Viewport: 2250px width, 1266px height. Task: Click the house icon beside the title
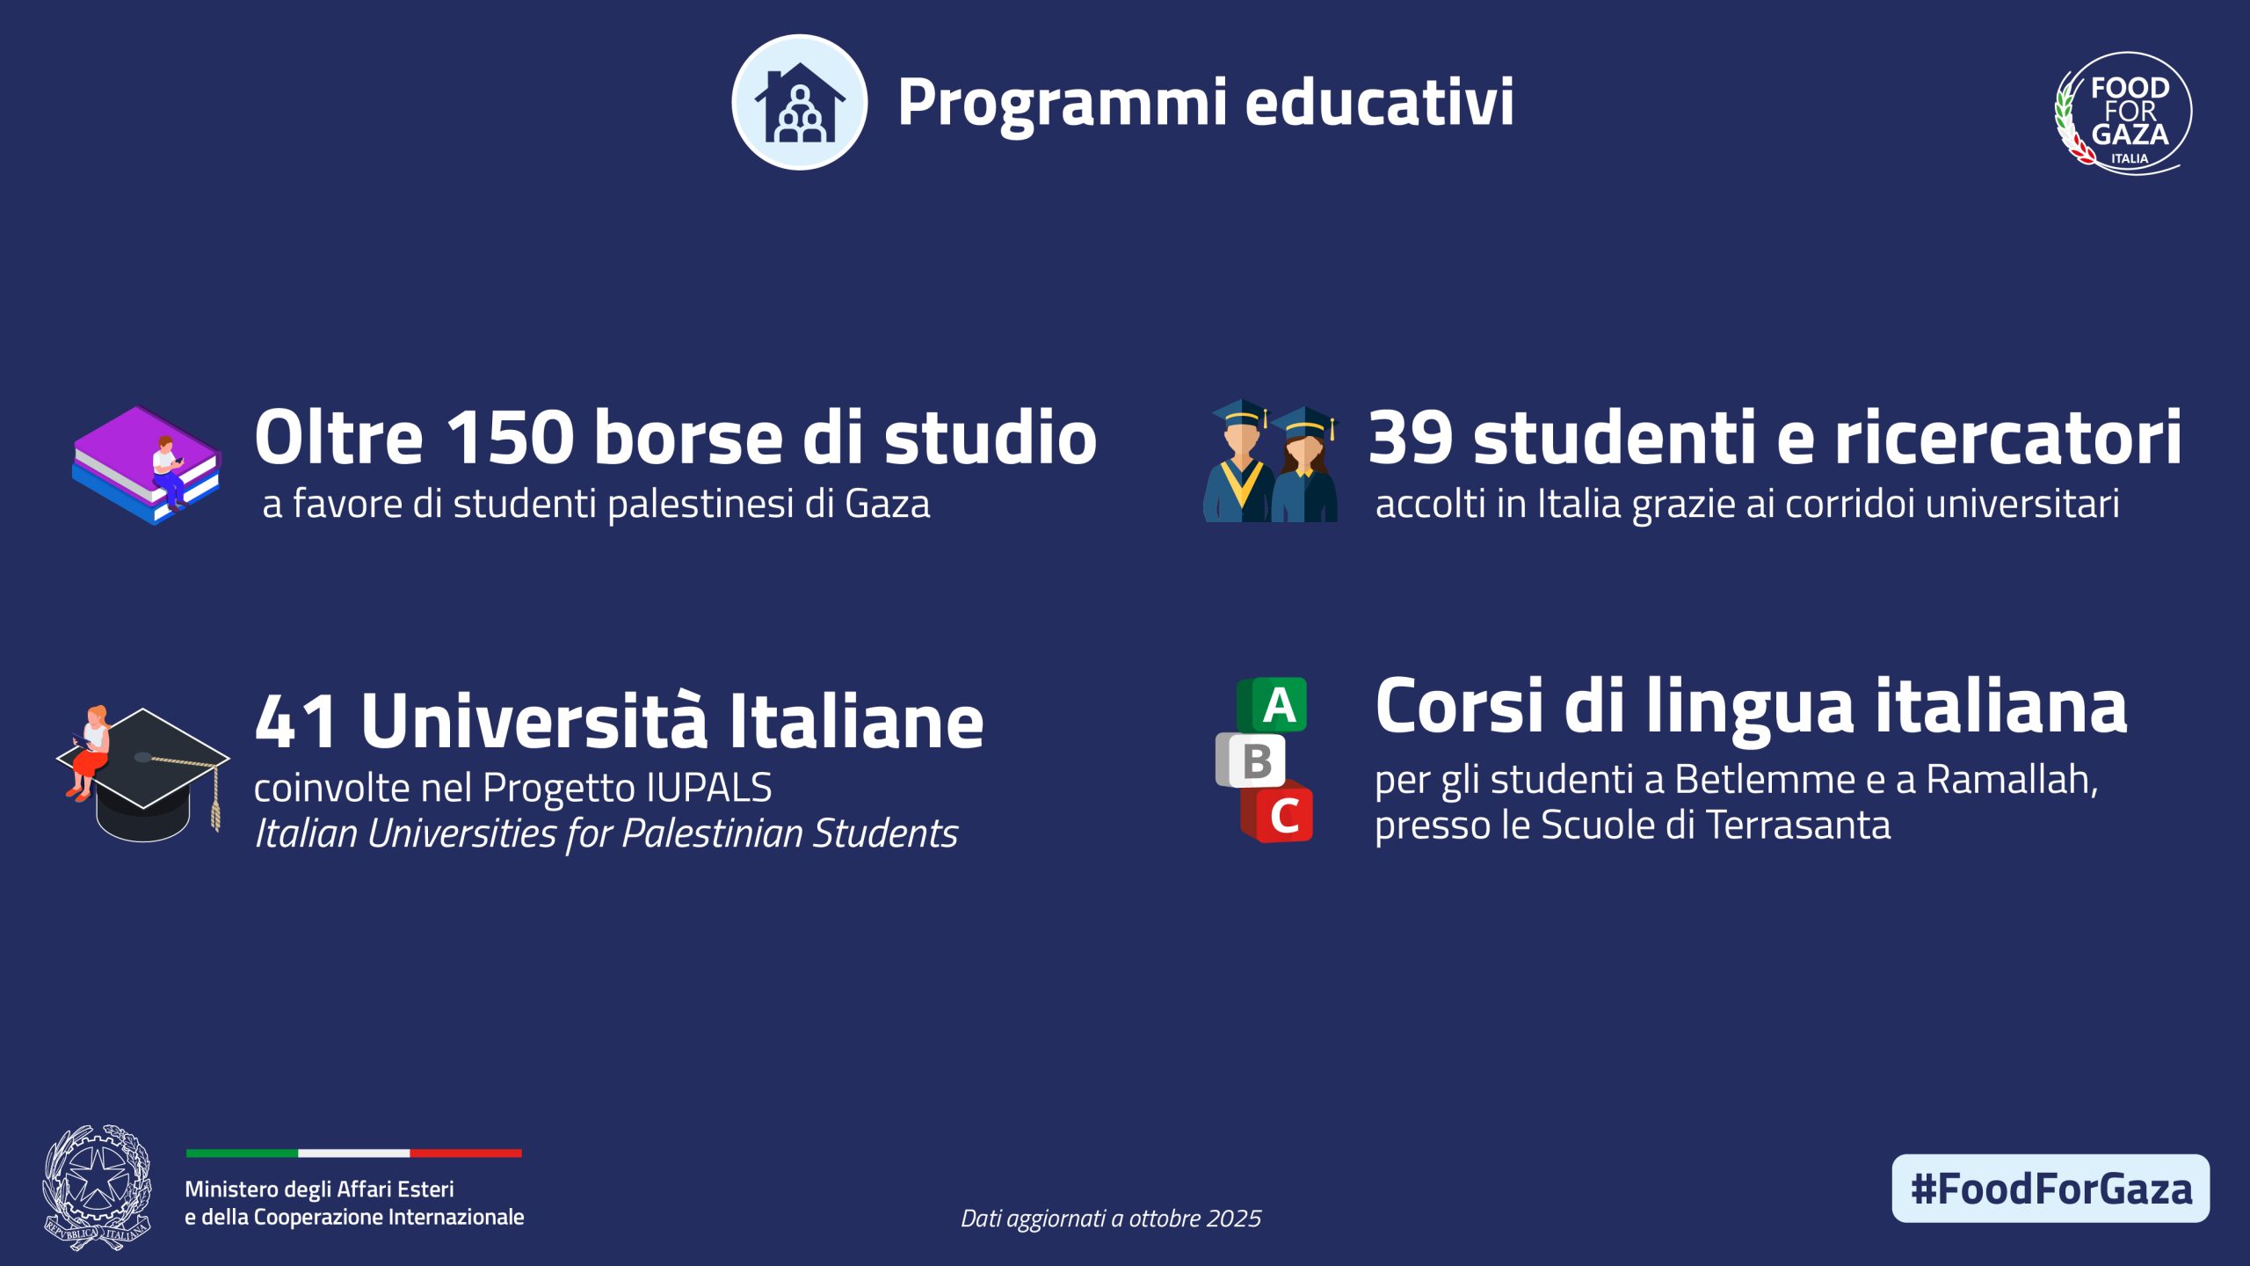pos(799,102)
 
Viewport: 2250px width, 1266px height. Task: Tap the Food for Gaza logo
pos(2123,113)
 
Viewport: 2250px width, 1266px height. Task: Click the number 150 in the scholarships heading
pos(510,437)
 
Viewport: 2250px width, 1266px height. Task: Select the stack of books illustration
pos(146,465)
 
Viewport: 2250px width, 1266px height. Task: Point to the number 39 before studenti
pos(1411,437)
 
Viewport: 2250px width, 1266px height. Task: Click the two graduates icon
pos(1271,462)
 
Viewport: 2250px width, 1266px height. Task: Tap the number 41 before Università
pos(296,721)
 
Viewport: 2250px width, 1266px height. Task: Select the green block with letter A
pos(1272,705)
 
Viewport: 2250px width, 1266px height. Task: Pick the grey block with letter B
pos(1250,760)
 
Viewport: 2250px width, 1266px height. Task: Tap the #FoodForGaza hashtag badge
pos(2050,1189)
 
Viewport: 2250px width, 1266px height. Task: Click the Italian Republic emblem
pos(97,1188)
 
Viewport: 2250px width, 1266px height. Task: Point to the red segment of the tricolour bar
pos(466,1153)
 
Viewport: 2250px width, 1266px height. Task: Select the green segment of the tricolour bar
pos(242,1153)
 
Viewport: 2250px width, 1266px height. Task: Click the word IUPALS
pos(708,788)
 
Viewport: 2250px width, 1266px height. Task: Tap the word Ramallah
pos(2012,779)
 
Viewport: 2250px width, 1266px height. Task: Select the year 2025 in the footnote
pos(1233,1219)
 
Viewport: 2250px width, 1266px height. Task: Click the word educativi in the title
pos(1379,101)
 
